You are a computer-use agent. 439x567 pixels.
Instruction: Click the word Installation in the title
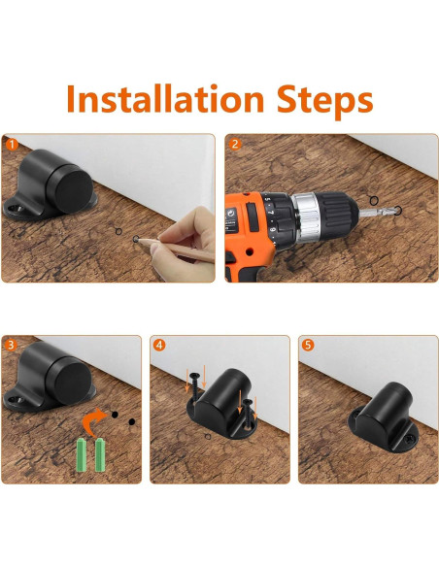165,98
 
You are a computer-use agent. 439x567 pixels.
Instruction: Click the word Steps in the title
324,101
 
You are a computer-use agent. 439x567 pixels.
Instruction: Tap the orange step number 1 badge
12,145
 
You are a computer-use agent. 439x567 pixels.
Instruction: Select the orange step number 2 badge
235,145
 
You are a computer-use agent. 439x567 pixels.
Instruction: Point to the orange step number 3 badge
11,345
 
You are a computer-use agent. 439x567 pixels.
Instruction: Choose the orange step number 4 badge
159,345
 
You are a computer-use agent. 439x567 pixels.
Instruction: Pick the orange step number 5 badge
307,345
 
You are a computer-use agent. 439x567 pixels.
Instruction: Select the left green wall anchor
82,454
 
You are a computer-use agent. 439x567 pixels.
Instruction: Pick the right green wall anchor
99,454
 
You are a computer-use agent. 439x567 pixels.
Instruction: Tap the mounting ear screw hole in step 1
14,209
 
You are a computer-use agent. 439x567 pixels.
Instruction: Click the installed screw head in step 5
410,440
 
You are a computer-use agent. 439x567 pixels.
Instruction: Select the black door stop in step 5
383,417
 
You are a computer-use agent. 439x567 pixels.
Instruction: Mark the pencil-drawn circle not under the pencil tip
118,231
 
